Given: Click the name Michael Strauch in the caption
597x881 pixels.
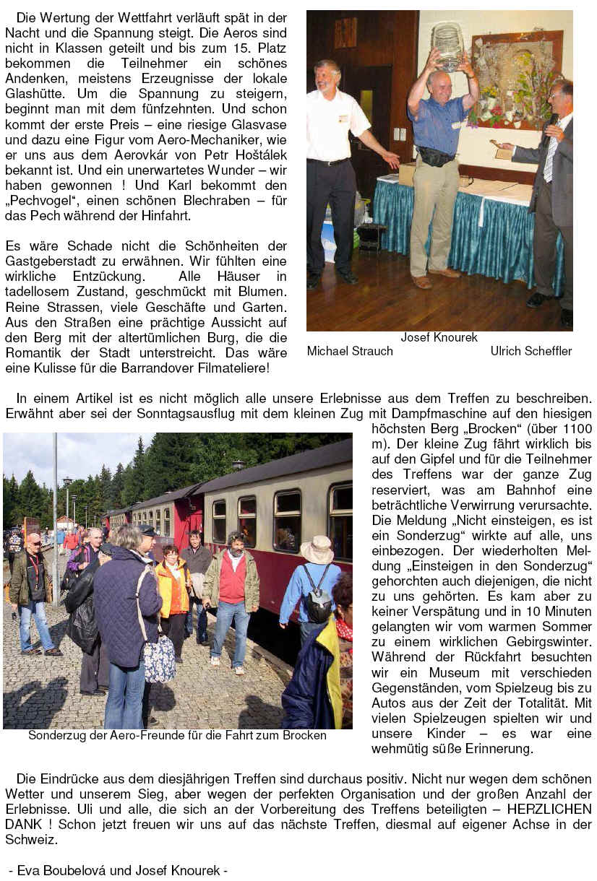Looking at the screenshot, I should coord(350,351).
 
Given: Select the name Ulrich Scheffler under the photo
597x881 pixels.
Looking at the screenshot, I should coord(531,351).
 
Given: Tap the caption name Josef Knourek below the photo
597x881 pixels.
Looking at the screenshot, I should coord(439,337).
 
